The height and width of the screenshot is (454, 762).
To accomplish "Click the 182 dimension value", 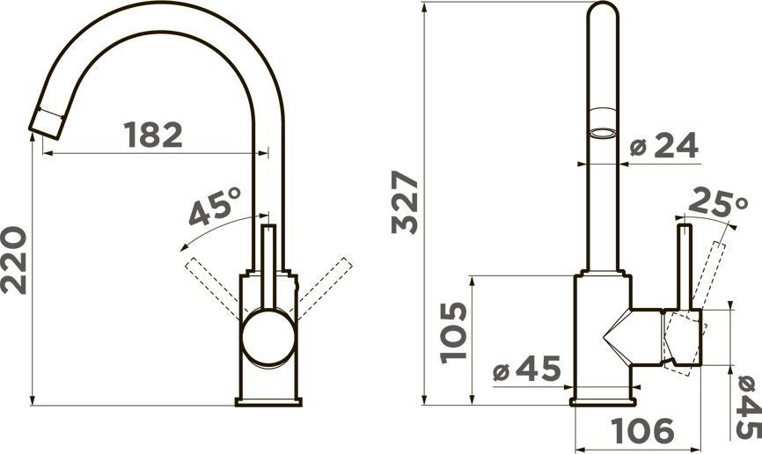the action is [153, 135].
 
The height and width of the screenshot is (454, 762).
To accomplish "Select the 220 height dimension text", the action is [13, 260].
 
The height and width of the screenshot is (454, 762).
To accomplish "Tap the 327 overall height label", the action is [405, 201].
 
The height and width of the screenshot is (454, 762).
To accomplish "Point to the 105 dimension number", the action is [453, 333].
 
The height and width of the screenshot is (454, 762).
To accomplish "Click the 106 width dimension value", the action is [642, 430].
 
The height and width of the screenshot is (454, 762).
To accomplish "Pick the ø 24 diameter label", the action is [663, 145].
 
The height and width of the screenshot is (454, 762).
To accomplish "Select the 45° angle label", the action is [215, 207].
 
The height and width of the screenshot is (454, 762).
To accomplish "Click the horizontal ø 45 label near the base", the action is [527, 369].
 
